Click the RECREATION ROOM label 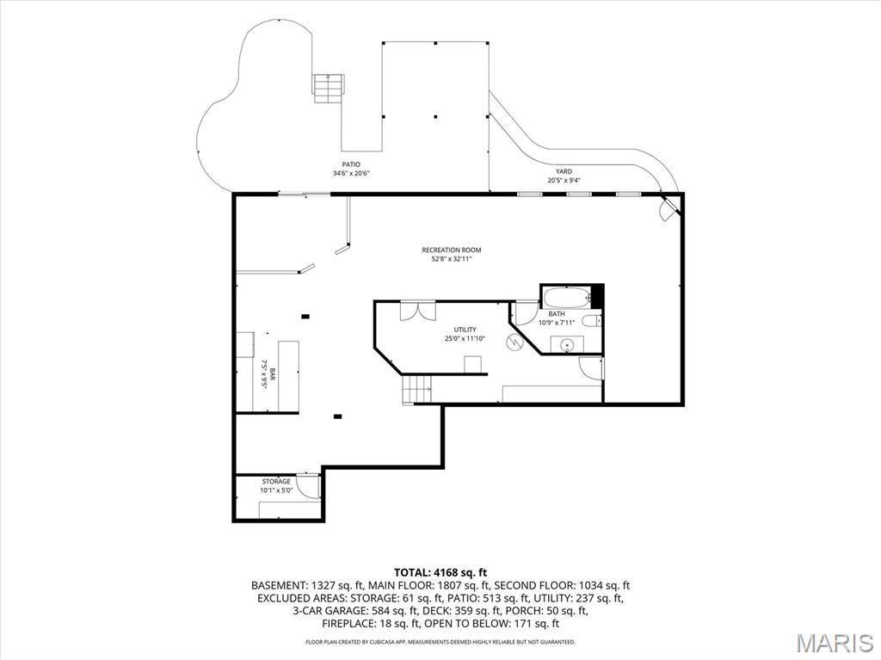coord(451,250)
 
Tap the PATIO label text coord(351,164)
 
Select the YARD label coord(564,171)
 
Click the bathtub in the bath coord(567,297)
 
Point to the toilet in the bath coord(591,321)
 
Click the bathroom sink coord(567,343)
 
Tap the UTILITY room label coord(465,330)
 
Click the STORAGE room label coord(276,482)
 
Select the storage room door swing coord(309,487)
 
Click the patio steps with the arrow coord(328,89)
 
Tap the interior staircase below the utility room coord(416,390)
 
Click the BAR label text coord(273,375)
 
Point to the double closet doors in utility coord(417,311)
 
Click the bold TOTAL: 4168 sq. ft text coord(440,573)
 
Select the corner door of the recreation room coord(668,207)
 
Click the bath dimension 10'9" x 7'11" coord(557,323)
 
